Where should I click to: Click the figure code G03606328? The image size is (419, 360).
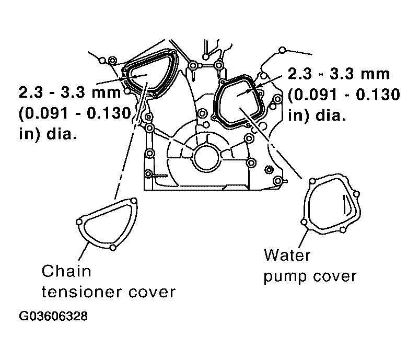click(53, 316)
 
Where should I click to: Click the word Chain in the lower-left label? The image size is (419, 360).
click(66, 271)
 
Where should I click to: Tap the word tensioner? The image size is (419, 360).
click(82, 292)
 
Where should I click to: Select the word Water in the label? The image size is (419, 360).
click(287, 255)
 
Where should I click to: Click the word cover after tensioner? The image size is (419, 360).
click(152, 293)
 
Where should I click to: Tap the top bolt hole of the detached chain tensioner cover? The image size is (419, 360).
click(134, 201)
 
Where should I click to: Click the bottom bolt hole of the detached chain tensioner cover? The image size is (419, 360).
click(113, 248)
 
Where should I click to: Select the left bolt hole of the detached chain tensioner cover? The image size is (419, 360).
click(79, 222)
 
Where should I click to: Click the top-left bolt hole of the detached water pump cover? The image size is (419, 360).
click(312, 181)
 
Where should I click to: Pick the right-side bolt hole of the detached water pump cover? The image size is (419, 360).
click(356, 194)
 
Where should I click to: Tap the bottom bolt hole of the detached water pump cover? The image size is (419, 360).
click(343, 229)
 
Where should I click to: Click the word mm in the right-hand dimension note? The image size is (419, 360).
click(375, 74)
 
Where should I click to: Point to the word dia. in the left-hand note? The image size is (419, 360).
click(62, 133)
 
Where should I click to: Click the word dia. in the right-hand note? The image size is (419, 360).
click(331, 115)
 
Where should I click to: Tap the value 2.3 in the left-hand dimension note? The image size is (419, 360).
click(31, 92)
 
